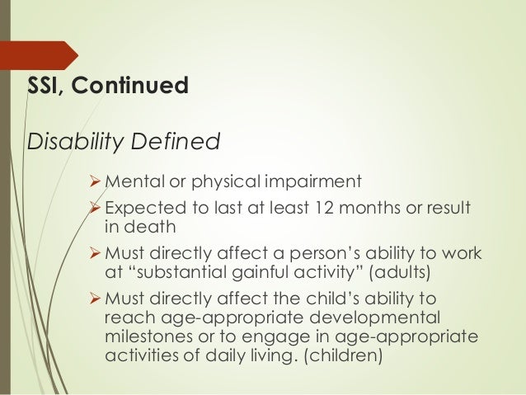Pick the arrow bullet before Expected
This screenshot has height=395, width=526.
pos(96,205)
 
